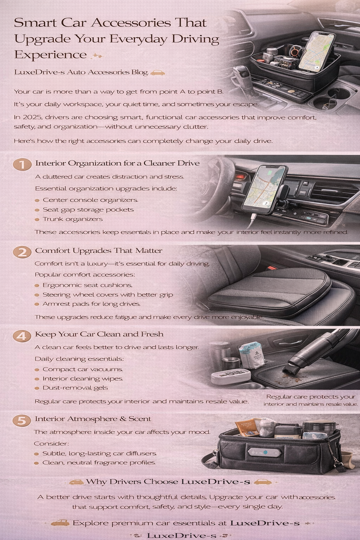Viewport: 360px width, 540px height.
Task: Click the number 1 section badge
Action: click(x=22, y=164)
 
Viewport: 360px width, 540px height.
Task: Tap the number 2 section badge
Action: click(x=22, y=252)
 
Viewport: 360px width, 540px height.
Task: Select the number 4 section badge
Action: click(x=22, y=336)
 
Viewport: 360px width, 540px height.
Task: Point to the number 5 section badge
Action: click(x=22, y=420)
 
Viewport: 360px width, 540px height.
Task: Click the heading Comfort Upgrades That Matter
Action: click(x=98, y=251)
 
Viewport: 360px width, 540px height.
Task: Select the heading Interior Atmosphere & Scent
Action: click(x=93, y=419)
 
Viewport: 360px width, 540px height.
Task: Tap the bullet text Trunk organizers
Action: click(x=72, y=219)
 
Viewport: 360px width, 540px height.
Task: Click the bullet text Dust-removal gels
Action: click(x=75, y=388)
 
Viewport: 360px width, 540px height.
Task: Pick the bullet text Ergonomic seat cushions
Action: click(x=87, y=285)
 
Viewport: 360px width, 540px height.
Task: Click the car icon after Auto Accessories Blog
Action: click(x=157, y=73)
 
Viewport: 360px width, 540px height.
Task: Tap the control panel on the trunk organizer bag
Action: click(x=265, y=452)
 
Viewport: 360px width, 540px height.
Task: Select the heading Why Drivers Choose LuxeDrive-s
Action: click(x=168, y=482)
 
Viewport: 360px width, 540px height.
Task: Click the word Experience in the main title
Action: click(x=50, y=55)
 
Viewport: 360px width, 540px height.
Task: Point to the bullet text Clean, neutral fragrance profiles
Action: click(x=99, y=463)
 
